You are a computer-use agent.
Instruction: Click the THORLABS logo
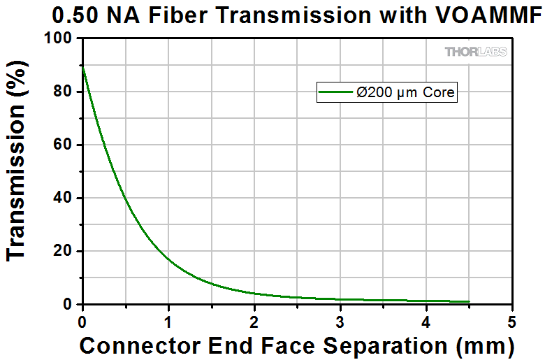tap(475, 52)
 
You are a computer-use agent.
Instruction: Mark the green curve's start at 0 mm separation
tap(83, 66)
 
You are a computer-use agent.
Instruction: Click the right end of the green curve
tap(469, 302)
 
